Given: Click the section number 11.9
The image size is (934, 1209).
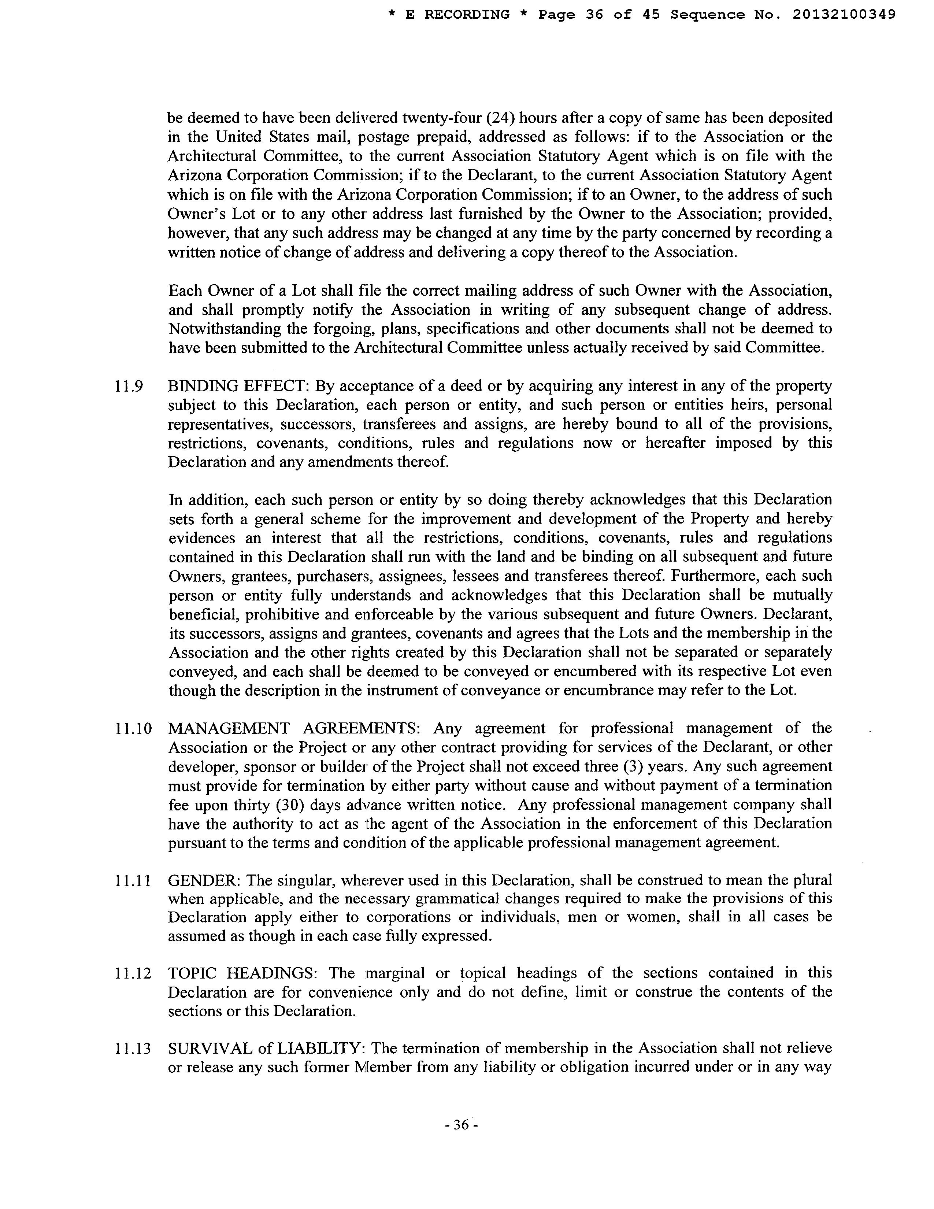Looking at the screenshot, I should pos(128,386).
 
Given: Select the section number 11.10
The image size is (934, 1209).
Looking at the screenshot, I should pos(133,728).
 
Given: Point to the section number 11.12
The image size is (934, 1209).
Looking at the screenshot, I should pos(133,973).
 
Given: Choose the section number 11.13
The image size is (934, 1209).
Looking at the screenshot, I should pos(133,1049).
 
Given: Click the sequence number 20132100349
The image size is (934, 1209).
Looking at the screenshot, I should pos(844,15).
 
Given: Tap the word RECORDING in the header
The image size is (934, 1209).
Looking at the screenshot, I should pos(466,15).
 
